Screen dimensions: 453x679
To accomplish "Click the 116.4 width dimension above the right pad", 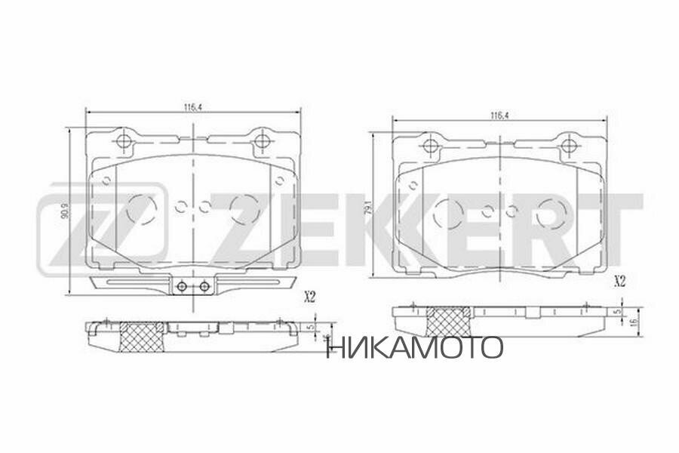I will [x=497, y=116].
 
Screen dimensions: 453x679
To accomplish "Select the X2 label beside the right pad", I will [x=620, y=282].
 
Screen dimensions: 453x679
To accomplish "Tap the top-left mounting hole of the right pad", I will [x=431, y=146].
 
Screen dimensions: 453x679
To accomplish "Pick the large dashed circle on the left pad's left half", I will [x=141, y=208].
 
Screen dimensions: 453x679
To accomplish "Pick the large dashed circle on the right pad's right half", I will [x=551, y=212].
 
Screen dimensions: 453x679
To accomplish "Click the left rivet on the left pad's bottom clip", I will [x=181, y=286].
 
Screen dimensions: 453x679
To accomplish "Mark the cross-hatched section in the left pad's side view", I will [x=142, y=337].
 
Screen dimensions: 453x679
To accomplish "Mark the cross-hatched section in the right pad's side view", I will [x=450, y=322].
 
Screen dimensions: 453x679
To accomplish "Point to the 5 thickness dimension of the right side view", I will [x=617, y=311].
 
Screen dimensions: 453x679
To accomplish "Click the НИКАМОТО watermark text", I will [x=414, y=347].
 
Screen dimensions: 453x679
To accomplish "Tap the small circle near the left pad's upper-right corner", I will [x=279, y=180].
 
